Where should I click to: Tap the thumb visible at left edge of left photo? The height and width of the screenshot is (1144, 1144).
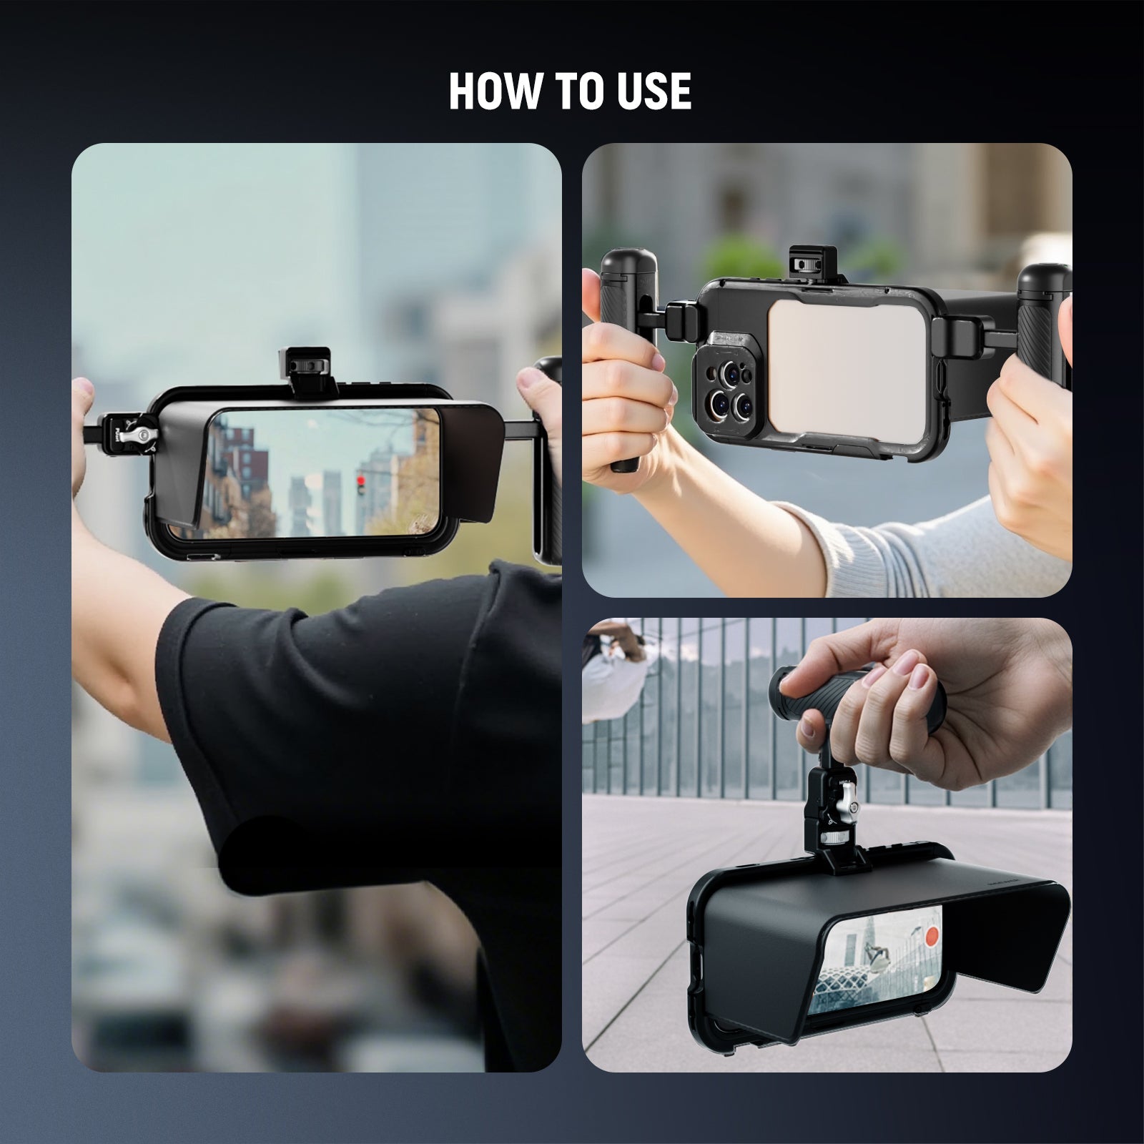click(82, 392)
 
